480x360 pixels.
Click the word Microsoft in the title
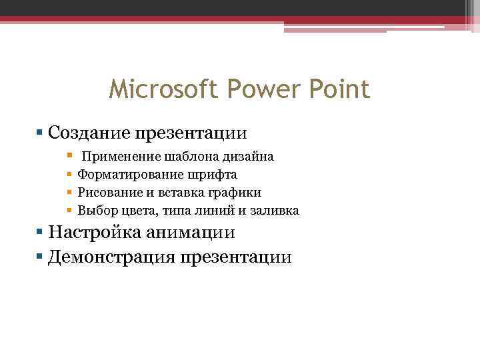(x=155, y=89)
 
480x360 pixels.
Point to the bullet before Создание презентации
(x=41, y=132)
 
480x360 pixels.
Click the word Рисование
(x=111, y=193)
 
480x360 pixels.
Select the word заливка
(x=275, y=211)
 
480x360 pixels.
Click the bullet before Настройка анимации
(x=41, y=233)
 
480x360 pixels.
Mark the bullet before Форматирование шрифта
(x=69, y=175)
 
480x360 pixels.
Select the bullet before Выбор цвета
(x=69, y=211)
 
